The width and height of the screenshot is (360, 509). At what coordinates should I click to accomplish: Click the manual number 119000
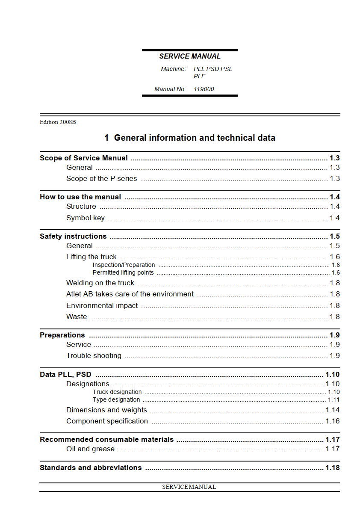click(x=204, y=89)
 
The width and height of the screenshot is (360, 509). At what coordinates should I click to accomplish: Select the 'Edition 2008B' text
click(x=58, y=122)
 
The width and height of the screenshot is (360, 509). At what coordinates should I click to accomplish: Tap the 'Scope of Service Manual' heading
click(x=84, y=158)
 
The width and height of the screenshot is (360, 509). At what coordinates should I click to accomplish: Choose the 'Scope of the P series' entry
click(x=102, y=178)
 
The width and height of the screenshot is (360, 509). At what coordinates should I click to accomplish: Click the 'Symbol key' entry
click(x=86, y=218)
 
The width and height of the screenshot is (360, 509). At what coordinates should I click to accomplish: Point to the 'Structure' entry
click(x=81, y=206)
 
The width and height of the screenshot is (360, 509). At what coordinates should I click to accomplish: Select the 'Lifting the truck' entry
click(x=91, y=257)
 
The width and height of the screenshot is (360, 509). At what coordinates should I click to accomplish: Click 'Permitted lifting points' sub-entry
click(x=123, y=272)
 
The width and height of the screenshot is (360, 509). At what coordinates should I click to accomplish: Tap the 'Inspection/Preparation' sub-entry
click(x=124, y=265)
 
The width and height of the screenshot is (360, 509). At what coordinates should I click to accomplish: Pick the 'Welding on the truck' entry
click(x=100, y=283)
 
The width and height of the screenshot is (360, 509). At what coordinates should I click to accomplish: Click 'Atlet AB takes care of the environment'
click(x=130, y=294)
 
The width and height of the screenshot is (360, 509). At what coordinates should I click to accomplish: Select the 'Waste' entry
click(x=77, y=317)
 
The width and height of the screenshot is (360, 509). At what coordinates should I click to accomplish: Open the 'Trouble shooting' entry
click(x=94, y=355)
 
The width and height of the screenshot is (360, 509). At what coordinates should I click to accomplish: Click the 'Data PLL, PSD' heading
click(x=65, y=374)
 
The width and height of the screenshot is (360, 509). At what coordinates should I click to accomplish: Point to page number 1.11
click(x=333, y=400)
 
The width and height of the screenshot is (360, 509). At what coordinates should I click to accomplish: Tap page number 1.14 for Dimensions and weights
click(x=332, y=410)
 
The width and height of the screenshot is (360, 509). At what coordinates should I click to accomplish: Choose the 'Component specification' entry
click(x=107, y=421)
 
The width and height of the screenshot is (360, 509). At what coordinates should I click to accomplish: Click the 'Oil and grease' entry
click(x=90, y=449)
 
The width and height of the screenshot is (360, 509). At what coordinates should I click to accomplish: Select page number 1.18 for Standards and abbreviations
click(x=332, y=468)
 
